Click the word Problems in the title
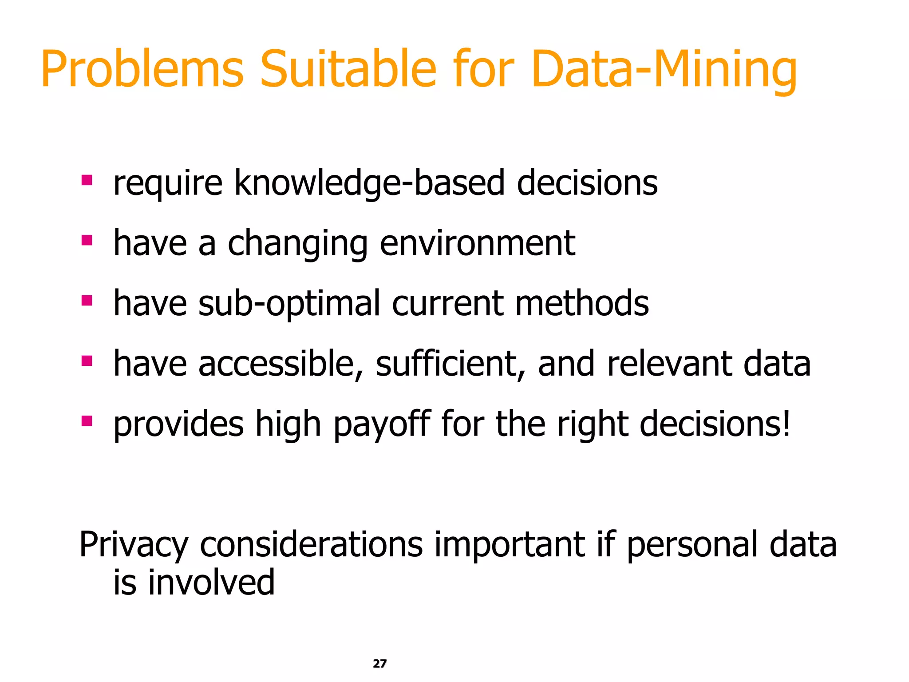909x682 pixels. click(142, 70)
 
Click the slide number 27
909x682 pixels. click(379, 663)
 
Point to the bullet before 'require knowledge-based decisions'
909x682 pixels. click(87, 180)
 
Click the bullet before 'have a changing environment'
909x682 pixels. click(87, 241)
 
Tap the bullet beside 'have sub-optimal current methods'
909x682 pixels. click(87, 301)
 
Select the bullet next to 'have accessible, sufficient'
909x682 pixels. click(87, 361)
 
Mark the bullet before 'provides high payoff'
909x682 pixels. click(87, 421)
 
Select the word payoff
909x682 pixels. click(382, 424)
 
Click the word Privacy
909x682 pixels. click(134, 545)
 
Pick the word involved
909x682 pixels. click(211, 583)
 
